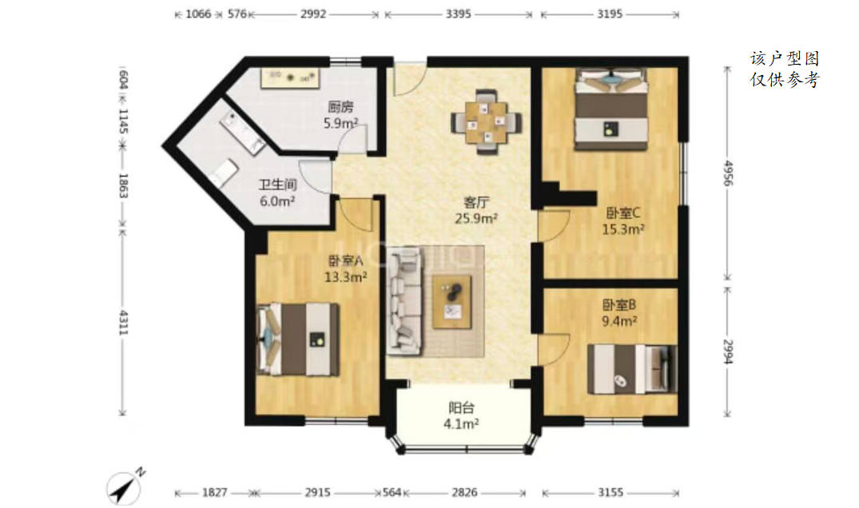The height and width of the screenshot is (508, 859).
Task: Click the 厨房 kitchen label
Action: tap(340, 107)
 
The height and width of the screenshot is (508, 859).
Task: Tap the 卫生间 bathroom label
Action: tap(278, 185)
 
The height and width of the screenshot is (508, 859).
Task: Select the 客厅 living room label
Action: tap(475, 203)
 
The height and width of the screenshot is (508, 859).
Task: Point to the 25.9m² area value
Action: tap(476, 219)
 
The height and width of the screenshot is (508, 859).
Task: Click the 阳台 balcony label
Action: tap(461, 408)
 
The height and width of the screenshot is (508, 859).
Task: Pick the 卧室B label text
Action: tap(619, 305)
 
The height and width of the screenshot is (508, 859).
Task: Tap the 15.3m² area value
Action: tap(623, 229)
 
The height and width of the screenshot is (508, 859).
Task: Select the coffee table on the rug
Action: tap(452, 302)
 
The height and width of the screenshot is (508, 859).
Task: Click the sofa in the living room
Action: tap(405, 300)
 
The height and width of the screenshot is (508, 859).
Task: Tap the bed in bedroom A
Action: tap(299, 339)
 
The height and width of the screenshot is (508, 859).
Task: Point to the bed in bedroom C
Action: tap(611, 109)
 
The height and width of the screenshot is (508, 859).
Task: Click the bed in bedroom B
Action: tap(631, 370)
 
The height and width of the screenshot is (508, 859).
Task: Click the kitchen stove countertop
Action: tap(290, 77)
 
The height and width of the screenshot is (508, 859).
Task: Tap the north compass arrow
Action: tap(126, 486)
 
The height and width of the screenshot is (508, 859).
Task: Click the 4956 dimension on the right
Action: tap(727, 173)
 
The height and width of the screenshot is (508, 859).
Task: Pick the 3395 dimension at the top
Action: tap(458, 14)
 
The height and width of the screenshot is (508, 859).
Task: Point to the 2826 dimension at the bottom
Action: tap(464, 493)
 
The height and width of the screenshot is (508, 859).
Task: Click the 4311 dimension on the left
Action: tap(123, 323)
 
